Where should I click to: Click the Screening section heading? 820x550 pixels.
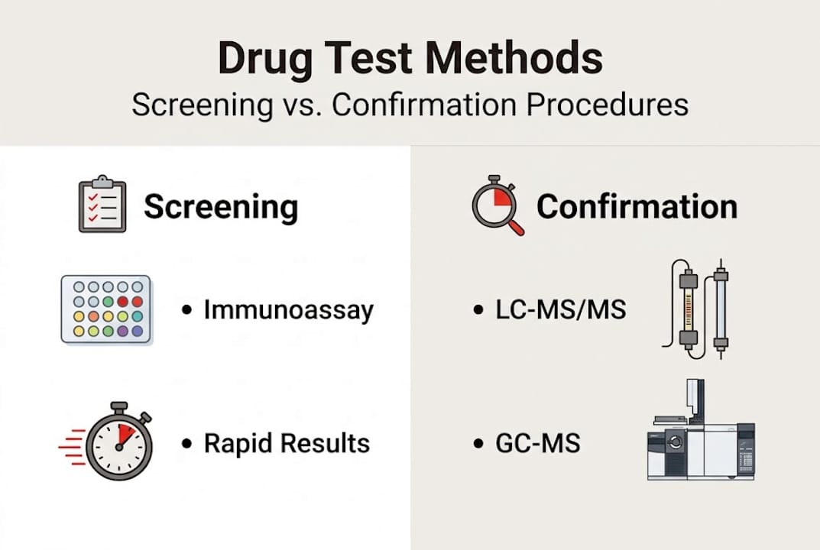(221, 206)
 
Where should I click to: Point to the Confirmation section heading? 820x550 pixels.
(637, 206)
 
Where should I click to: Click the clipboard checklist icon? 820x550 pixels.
(102, 204)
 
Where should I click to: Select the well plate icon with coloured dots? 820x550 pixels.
(105, 309)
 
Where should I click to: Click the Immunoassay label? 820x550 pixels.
(288, 310)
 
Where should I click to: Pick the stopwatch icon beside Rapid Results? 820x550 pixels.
(118, 441)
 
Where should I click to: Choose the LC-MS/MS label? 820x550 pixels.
(560, 310)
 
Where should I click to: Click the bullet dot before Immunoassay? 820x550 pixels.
(186, 310)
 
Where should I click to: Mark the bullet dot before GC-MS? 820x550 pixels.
(479, 443)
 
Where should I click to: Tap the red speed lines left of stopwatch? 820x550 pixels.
(72, 442)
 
